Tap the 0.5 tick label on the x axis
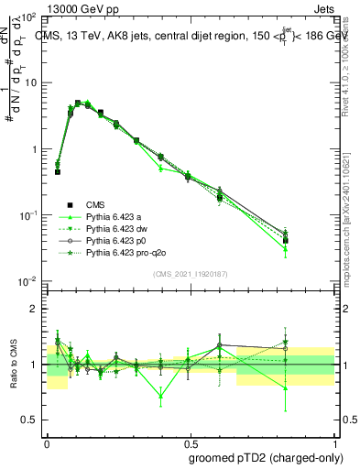pyautogui.click(x=190, y=441)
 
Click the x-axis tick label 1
pyautogui.click(x=333, y=441)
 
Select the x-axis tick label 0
pyautogui.click(x=47, y=441)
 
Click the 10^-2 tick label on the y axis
pyautogui.click(x=28, y=281)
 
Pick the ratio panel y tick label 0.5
pyautogui.click(x=30, y=420)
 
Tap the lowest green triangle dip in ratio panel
pyautogui.click(x=161, y=397)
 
